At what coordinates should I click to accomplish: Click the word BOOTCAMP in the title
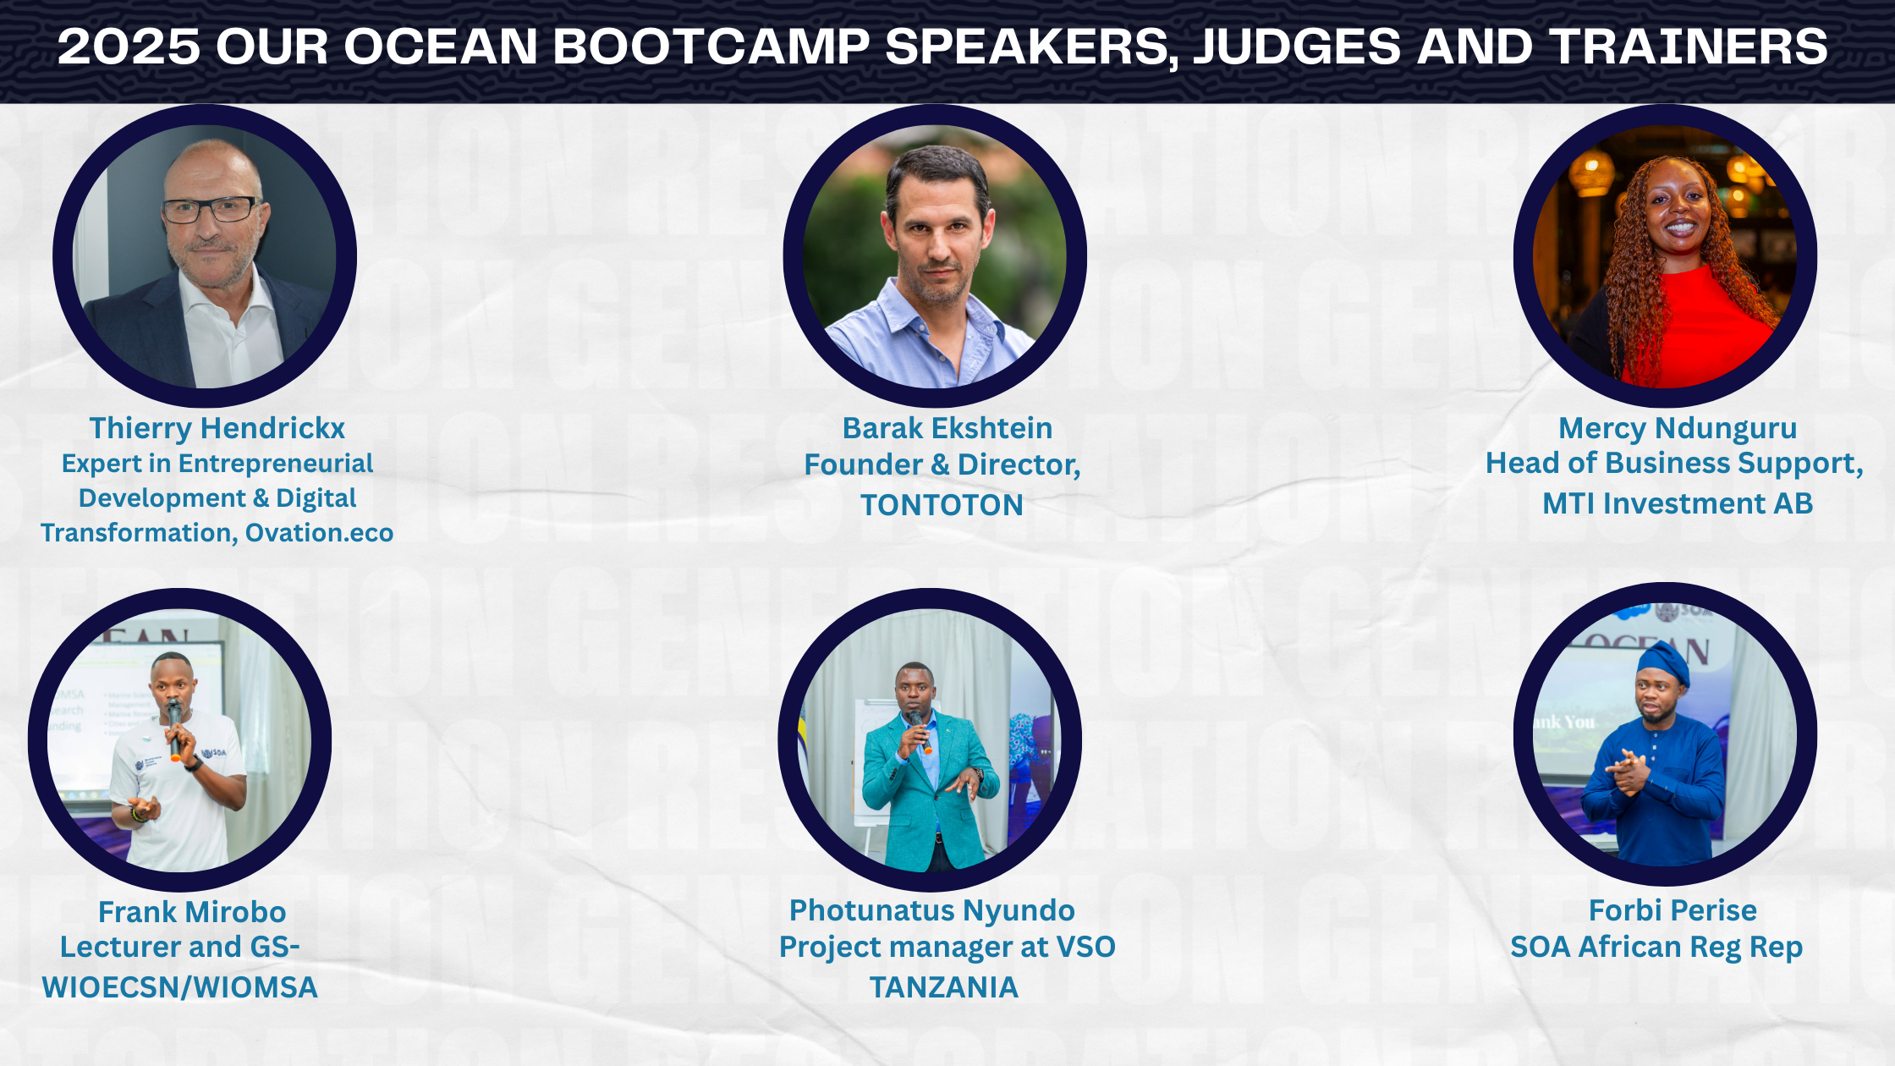pyautogui.click(x=711, y=46)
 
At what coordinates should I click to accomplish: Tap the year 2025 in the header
pyautogui.click(x=129, y=46)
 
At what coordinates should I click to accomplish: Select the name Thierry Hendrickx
pyautogui.click(x=217, y=428)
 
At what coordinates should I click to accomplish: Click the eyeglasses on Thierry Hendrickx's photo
pyautogui.click(x=211, y=209)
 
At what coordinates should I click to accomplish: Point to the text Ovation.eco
pyautogui.click(x=320, y=533)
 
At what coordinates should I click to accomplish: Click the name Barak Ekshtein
pyautogui.click(x=947, y=428)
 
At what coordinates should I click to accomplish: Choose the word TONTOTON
pyautogui.click(x=942, y=505)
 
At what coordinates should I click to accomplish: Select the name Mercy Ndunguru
pyautogui.click(x=1678, y=428)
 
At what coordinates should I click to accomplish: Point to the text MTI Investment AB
pyautogui.click(x=1678, y=503)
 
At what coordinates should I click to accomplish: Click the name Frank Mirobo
pyautogui.click(x=192, y=912)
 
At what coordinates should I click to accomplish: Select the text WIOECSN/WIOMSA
pyautogui.click(x=180, y=987)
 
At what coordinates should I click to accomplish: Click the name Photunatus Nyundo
pyautogui.click(x=932, y=910)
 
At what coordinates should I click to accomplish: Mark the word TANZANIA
pyautogui.click(x=944, y=987)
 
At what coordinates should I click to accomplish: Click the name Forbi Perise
pyautogui.click(x=1673, y=910)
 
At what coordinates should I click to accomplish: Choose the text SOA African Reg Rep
pyautogui.click(x=1656, y=948)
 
